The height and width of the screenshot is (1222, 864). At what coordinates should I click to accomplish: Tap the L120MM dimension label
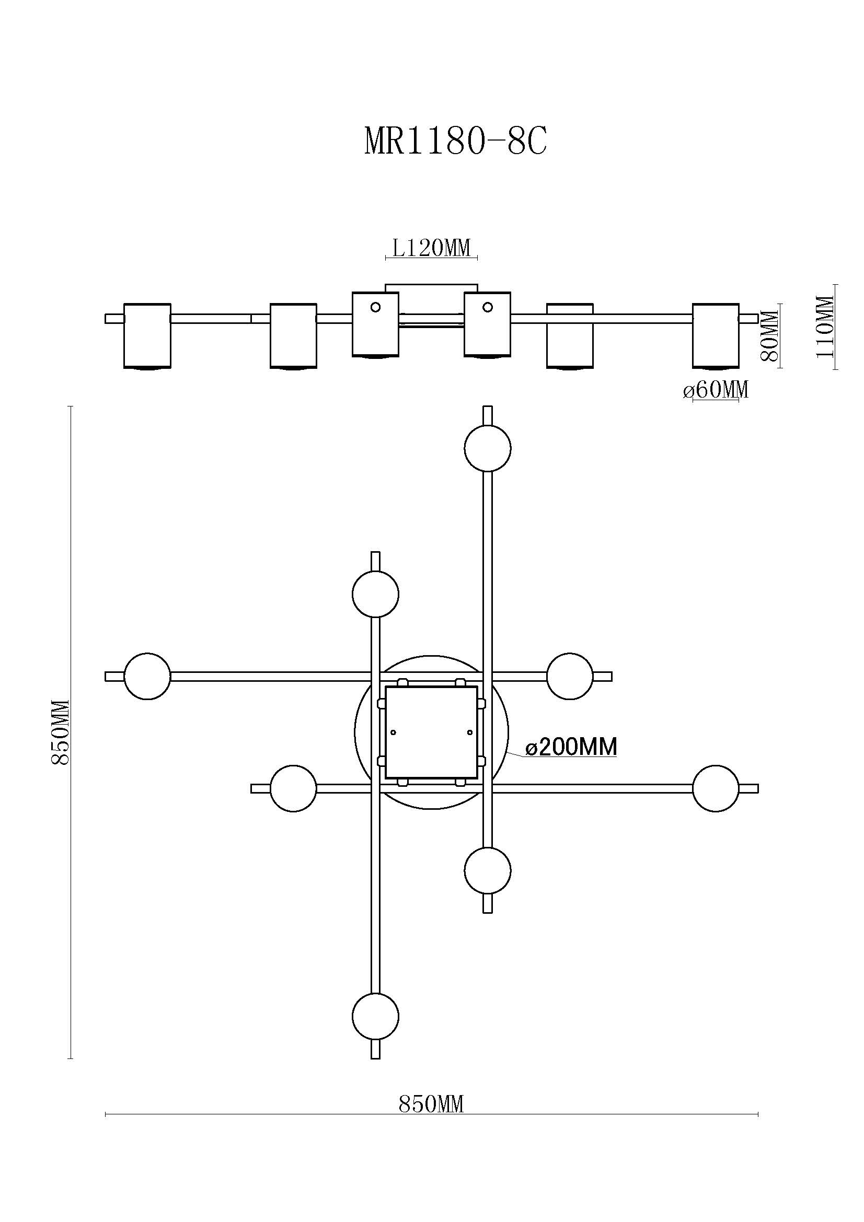432,248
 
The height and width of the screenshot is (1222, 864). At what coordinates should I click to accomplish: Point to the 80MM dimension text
770,336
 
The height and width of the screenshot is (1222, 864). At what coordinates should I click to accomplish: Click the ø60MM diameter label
716,390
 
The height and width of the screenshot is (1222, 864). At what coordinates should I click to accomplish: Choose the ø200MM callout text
571,747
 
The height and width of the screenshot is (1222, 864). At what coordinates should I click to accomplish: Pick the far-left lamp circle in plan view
147,676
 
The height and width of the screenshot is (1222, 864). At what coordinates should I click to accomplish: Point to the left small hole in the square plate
394,732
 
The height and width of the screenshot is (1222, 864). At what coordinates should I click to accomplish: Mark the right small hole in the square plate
469,732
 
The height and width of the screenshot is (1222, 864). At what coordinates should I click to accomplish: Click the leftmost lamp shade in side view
147,336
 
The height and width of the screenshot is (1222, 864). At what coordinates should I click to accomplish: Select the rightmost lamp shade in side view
716,336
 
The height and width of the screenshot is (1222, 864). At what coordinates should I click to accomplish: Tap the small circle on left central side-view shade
375,307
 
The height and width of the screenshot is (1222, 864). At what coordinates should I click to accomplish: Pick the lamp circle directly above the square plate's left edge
376,594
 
